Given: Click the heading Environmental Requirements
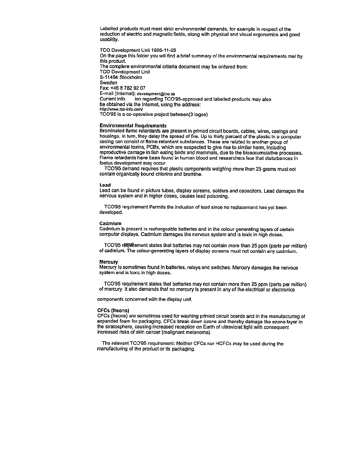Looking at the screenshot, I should click(133, 126).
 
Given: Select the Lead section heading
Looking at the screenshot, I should click(105, 185).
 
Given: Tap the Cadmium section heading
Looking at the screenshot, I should click(110, 223).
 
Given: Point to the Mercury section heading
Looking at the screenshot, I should click(109, 262).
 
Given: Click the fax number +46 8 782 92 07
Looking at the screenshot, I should click(127, 88).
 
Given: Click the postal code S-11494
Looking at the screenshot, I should click(109, 77).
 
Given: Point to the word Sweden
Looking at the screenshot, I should click(108, 83).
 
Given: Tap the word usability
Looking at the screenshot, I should click(109, 40).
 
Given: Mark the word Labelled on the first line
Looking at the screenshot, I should click(109, 29).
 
